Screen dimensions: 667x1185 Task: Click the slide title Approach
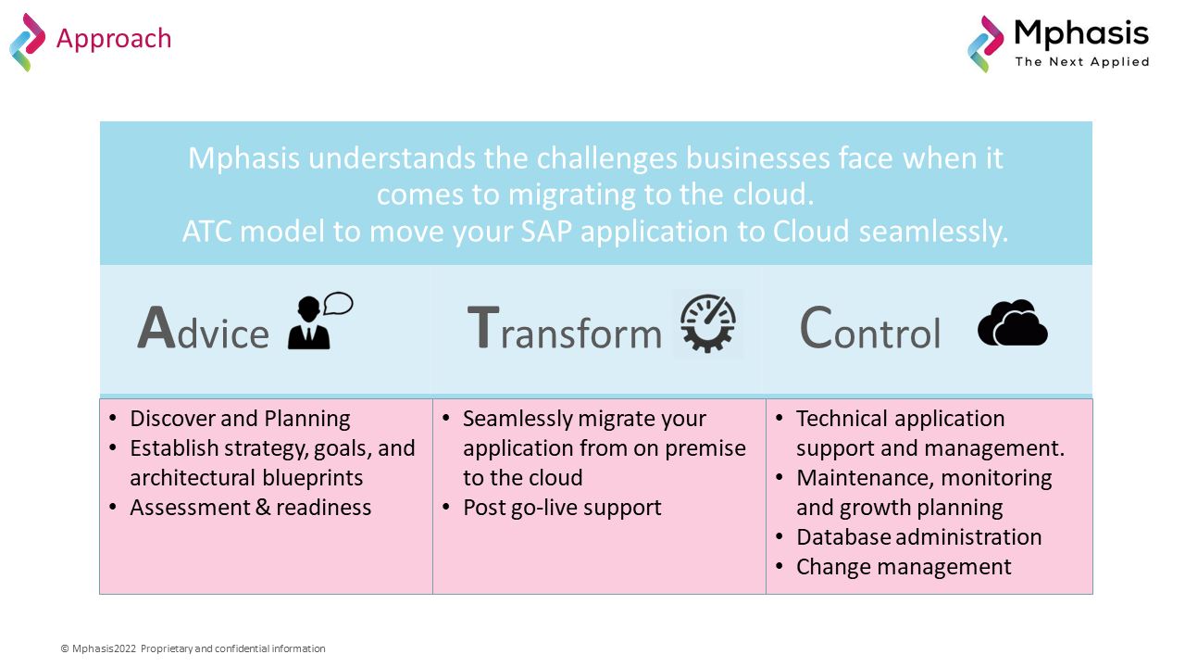(114, 39)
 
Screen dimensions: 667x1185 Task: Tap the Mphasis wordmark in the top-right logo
(1081, 34)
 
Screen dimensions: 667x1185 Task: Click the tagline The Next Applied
(1081, 62)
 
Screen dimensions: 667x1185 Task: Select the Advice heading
(203, 330)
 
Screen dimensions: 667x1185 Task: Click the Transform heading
(564, 330)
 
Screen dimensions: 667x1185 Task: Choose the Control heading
(869, 330)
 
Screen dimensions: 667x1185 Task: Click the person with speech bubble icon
(319, 321)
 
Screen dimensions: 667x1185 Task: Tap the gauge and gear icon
(708, 323)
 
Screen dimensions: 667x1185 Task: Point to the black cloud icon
(1012, 323)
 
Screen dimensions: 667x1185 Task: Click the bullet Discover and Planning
(240, 419)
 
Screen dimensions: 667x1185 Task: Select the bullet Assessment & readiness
(250, 508)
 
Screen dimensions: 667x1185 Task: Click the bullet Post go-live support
(562, 508)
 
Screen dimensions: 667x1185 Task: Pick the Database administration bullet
(918, 537)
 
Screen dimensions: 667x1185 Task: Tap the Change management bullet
(904, 567)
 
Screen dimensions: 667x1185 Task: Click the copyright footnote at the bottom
(193, 648)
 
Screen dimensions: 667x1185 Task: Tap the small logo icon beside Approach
(27, 42)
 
